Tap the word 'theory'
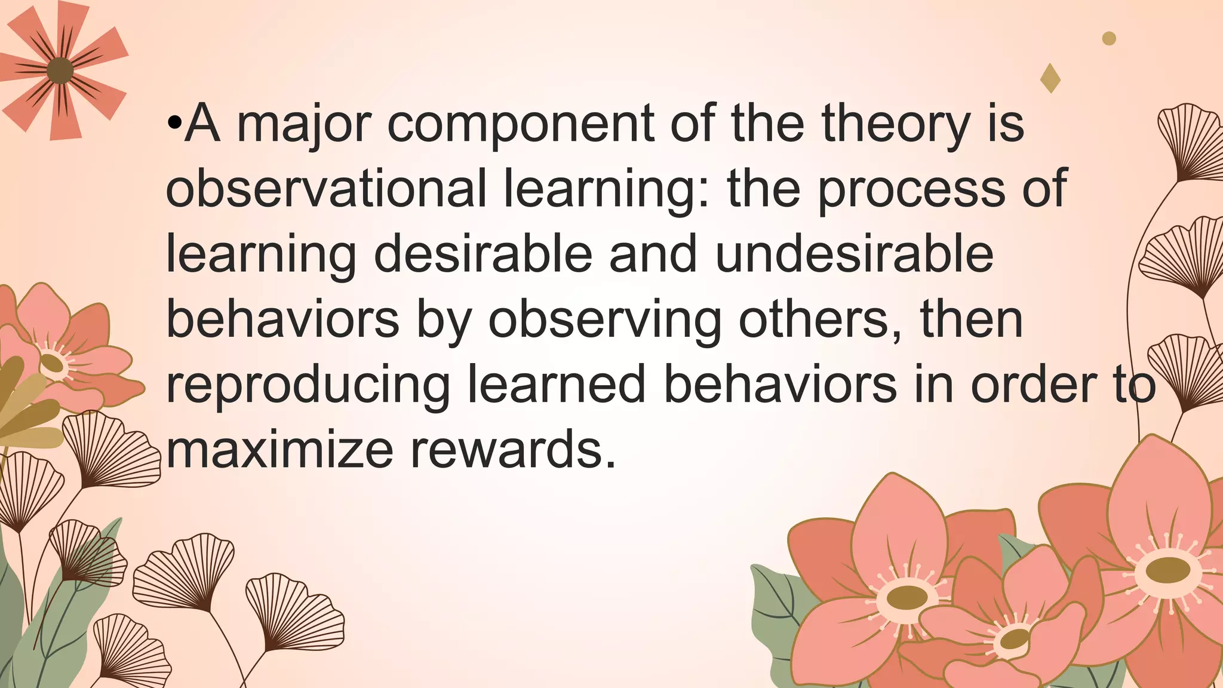[x=896, y=125]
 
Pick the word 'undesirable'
[x=854, y=254]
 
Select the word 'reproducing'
[x=308, y=385]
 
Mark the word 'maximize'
[x=279, y=449]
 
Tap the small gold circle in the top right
[x=1109, y=39]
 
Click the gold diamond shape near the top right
[x=1050, y=78]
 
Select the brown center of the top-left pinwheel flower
[x=60, y=71]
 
